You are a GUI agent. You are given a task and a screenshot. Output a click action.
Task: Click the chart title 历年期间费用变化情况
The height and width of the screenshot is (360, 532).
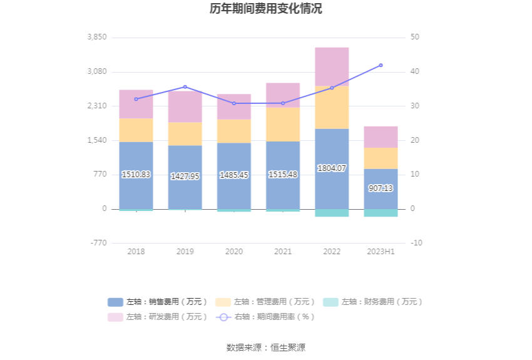coord(266,9)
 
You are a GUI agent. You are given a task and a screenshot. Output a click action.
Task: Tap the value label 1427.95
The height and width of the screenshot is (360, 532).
coord(185,177)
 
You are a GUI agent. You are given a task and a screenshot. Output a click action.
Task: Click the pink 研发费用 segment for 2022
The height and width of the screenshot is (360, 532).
coord(332,66)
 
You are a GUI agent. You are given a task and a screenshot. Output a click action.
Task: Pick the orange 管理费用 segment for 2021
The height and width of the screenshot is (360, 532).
coord(283,124)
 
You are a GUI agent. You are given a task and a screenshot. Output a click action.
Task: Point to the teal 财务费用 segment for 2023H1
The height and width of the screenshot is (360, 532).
coord(381,213)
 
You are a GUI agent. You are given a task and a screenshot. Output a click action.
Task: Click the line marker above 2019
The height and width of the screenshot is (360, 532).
coord(185,87)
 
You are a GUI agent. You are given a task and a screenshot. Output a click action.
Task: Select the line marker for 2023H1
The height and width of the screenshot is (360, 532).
coord(381,65)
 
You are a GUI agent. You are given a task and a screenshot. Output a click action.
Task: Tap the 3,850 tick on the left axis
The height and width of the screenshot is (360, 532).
coord(98,38)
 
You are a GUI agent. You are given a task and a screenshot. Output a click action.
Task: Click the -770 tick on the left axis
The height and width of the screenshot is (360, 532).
coord(99,243)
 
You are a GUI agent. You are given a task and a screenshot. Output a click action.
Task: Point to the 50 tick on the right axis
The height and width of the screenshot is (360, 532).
coord(415,38)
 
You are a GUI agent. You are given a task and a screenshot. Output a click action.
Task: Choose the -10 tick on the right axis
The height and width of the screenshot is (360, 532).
coord(417,243)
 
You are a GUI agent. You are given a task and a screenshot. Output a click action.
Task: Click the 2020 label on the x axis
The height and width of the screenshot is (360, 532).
coord(233,252)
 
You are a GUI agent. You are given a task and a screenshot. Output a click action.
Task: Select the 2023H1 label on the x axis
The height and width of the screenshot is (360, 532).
coord(381,252)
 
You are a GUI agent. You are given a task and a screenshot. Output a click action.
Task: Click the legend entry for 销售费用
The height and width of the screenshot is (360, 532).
coord(159,302)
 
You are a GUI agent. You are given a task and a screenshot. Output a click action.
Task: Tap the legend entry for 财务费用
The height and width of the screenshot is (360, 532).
coord(374,302)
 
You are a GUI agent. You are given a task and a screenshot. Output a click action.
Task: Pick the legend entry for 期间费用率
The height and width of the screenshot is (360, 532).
coord(266,317)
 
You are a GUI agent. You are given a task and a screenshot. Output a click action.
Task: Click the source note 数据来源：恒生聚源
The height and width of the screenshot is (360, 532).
coord(266,347)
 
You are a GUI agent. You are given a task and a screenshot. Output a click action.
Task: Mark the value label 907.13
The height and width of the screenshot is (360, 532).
coord(381,188)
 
